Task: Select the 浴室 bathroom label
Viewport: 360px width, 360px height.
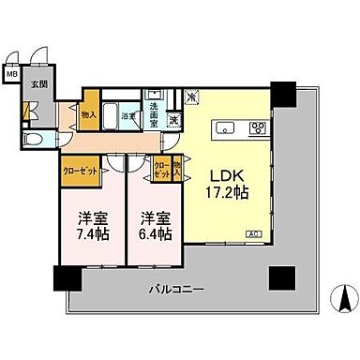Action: click(x=130, y=115)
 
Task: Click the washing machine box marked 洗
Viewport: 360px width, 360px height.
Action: click(x=174, y=119)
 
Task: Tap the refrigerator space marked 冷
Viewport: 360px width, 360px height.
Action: click(x=191, y=96)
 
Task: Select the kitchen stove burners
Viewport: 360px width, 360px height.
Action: click(x=258, y=128)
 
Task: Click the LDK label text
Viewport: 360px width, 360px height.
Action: click(x=226, y=176)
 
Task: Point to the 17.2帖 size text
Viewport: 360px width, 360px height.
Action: click(x=226, y=195)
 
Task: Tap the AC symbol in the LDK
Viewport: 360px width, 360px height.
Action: click(x=253, y=233)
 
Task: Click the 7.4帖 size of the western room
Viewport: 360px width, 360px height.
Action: click(x=90, y=232)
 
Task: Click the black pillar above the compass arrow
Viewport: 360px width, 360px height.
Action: click(x=279, y=277)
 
